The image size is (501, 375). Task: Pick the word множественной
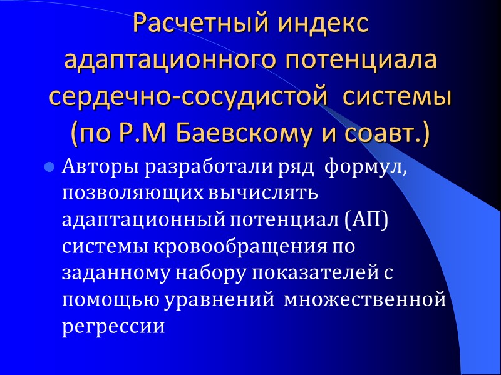click(x=365, y=300)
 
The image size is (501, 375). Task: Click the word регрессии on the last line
click(x=113, y=327)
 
